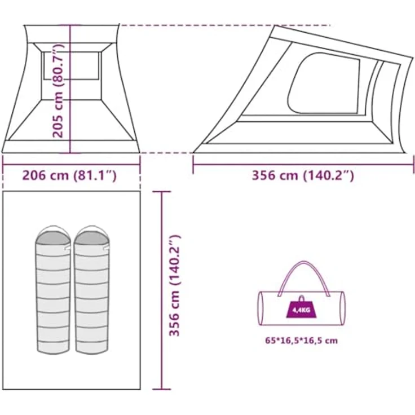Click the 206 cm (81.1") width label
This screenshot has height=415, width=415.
[x=69, y=175]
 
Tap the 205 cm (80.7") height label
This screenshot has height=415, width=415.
[x=58, y=90]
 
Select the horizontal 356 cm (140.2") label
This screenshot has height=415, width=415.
[x=303, y=175]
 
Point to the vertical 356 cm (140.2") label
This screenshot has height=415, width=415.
[x=174, y=285]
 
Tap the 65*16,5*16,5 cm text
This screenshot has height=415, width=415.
[x=302, y=341]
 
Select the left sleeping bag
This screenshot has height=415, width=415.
[x=53, y=289]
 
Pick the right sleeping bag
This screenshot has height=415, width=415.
[x=91, y=289]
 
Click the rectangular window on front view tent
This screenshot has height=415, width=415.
[x=72, y=65]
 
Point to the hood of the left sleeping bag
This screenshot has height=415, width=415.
[x=53, y=236]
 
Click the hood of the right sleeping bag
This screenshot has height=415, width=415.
[x=91, y=236]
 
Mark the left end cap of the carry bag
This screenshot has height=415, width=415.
[x=261, y=308]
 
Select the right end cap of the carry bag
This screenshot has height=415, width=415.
[x=342, y=308]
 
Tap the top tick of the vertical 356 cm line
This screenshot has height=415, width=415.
[x=162, y=192]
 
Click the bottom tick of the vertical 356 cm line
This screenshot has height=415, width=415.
[x=162, y=389]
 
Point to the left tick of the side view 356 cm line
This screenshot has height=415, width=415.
[x=193, y=165]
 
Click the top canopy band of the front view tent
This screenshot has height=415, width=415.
[x=72, y=34]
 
